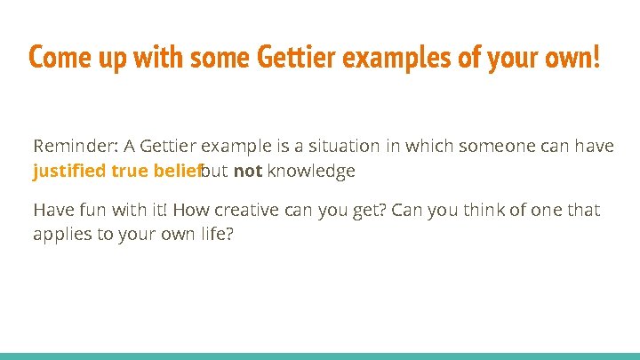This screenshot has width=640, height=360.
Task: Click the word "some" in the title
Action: (x=215, y=59)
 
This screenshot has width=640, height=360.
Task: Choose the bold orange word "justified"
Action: (x=70, y=171)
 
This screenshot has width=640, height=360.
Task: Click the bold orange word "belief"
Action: (x=180, y=171)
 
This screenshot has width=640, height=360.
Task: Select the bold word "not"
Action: (x=247, y=171)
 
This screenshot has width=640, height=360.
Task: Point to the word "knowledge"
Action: (x=311, y=171)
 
